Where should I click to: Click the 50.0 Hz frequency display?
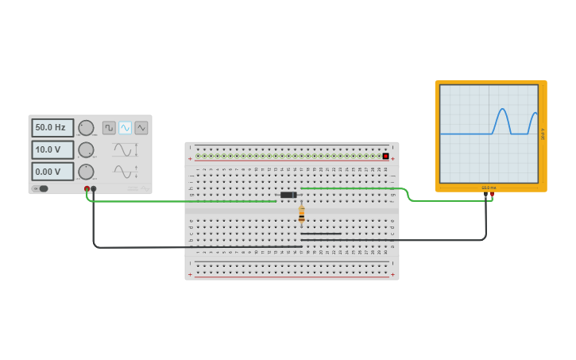52,127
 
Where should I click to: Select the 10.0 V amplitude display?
52,149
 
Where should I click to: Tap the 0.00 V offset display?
52,172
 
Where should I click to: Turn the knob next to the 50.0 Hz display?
86,128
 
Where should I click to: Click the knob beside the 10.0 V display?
86,149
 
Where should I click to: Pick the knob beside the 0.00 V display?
86,172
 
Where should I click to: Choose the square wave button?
109,128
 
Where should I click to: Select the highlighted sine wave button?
125,128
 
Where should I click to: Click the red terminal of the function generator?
87,189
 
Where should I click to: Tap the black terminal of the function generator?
94,189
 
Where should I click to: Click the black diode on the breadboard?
288,195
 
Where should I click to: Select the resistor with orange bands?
302,215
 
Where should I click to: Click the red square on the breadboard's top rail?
386,156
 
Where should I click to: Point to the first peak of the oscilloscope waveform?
501,110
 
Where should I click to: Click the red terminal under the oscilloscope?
493,194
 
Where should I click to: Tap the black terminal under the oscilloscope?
485,194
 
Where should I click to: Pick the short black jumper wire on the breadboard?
321,234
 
